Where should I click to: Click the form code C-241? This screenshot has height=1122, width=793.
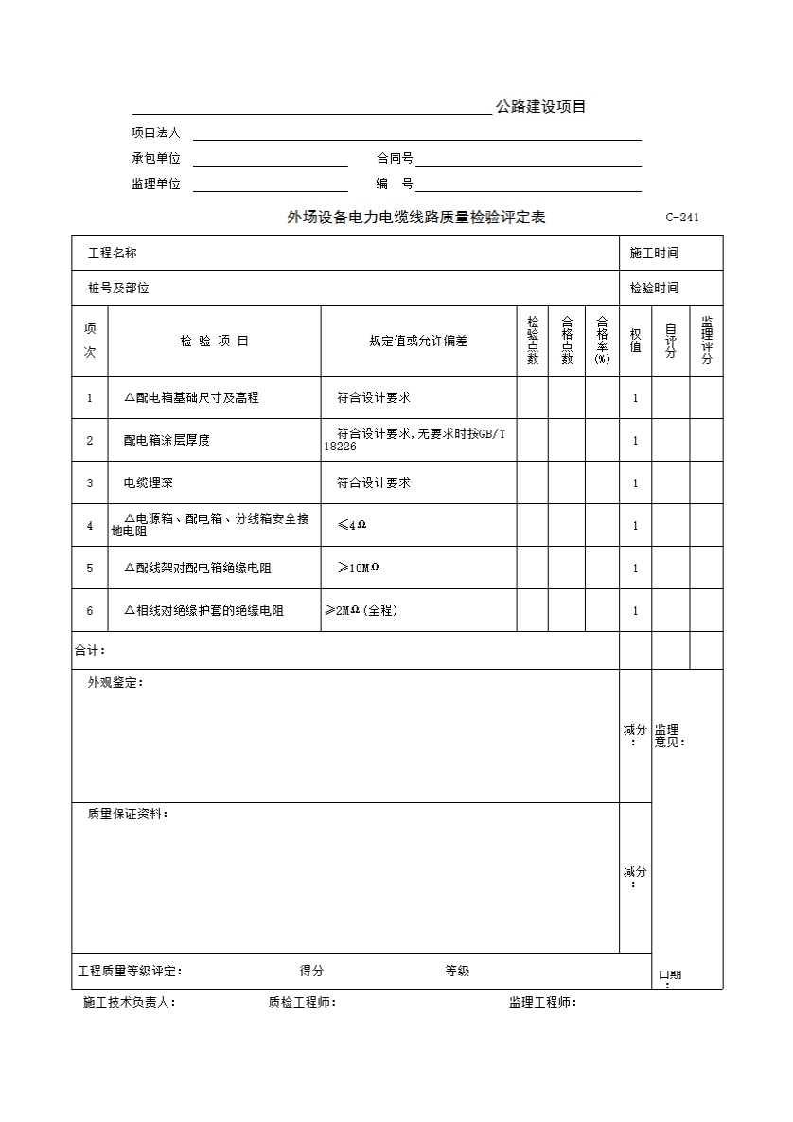[x=681, y=218]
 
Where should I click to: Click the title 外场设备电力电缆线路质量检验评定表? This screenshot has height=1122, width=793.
[x=416, y=218]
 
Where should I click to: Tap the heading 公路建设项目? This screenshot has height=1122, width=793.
[x=540, y=107]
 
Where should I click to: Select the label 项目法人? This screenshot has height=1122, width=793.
[x=155, y=133]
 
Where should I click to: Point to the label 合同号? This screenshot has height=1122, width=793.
[x=395, y=159]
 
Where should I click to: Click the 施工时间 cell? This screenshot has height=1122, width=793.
[x=654, y=253]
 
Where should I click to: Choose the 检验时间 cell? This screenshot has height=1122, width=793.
[x=654, y=288]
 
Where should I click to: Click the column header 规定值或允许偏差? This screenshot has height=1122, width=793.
[x=418, y=341]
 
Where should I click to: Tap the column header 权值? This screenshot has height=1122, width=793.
[x=635, y=341]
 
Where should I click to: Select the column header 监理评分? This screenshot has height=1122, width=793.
[x=706, y=341]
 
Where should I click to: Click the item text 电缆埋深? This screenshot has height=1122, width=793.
[x=148, y=482]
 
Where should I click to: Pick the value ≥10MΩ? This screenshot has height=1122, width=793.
[x=358, y=568]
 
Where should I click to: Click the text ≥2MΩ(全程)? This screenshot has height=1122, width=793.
[x=361, y=610]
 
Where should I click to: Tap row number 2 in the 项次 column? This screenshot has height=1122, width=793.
[x=90, y=440]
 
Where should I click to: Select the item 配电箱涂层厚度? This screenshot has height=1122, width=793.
[x=167, y=440]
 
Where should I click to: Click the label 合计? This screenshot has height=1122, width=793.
[x=90, y=650]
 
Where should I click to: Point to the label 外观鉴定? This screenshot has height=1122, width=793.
[x=115, y=682]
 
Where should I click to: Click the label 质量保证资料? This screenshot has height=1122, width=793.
[x=128, y=814]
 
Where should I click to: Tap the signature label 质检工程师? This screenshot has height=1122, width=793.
[x=302, y=1003]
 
